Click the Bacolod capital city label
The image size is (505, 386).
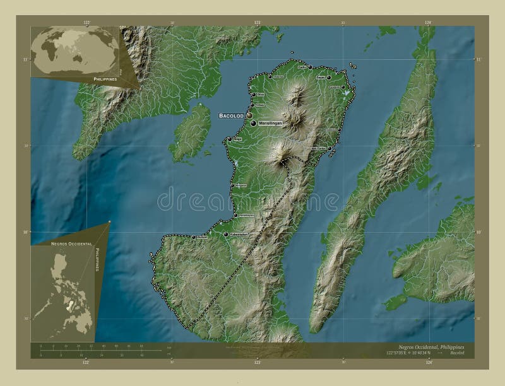click(x=231, y=116)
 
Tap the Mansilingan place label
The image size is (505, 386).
click(x=273, y=124)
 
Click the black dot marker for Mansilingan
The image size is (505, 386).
click(x=254, y=124)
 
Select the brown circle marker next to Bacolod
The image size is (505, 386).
click(x=249, y=116)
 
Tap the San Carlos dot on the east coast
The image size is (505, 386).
click(x=330, y=149)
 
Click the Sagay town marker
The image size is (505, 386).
click(x=329, y=78)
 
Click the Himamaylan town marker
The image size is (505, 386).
click(x=235, y=215)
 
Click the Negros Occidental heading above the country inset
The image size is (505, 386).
click(x=69, y=243)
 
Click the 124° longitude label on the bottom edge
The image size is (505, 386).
click(x=429, y=363)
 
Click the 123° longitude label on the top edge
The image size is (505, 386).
click(x=257, y=23)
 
